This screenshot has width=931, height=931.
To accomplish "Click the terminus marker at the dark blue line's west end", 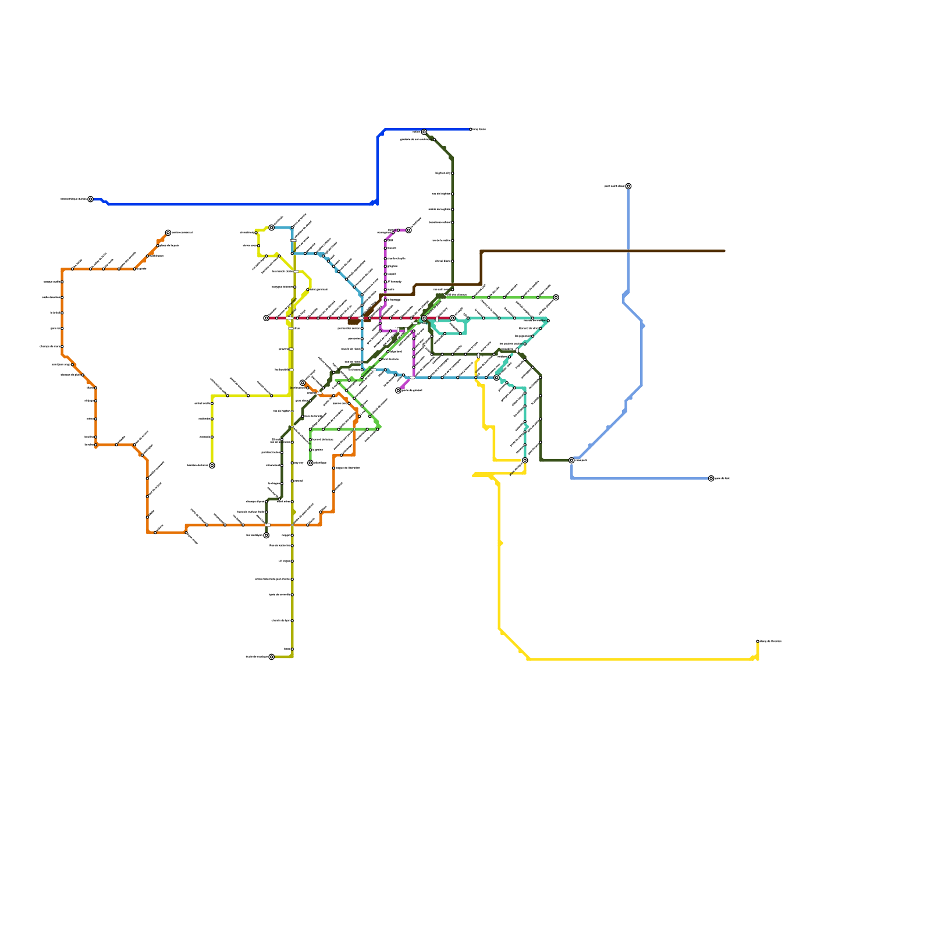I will click(90, 199).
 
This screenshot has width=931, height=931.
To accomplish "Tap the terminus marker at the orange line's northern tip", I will click(168, 233).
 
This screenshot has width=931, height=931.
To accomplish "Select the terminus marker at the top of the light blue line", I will click(628, 186).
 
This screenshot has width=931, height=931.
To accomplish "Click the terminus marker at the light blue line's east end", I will click(711, 478).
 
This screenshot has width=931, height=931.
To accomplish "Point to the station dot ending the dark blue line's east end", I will click(471, 129).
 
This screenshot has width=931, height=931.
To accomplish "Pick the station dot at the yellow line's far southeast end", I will click(758, 641).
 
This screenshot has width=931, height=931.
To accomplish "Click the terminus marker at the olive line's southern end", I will click(271, 657).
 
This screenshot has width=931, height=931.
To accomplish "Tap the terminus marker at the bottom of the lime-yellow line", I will click(212, 465).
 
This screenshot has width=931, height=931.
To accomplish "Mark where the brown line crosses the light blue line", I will click(628, 251).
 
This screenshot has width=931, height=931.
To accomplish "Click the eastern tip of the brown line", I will click(724, 251).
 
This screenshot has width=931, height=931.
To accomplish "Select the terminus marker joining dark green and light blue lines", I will click(571, 460).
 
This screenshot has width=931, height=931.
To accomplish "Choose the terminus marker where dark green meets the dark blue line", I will click(424, 132).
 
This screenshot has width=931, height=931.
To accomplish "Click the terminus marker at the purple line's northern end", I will click(408, 230).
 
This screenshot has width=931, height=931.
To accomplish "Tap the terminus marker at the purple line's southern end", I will click(398, 390).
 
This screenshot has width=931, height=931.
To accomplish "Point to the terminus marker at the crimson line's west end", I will click(266, 318).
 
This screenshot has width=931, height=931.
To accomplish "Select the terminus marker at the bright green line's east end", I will click(556, 297).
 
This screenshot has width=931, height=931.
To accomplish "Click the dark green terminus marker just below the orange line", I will click(266, 535).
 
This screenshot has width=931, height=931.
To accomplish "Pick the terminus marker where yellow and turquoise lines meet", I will click(525, 460).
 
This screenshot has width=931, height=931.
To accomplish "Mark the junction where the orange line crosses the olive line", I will click(292, 525).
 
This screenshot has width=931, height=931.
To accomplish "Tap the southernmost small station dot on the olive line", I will click(292, 649).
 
